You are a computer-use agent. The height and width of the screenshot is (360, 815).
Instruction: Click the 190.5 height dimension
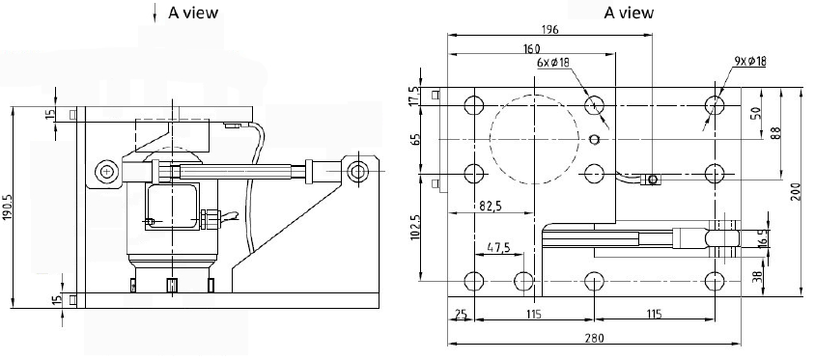pyautogui.click(x=8, y=208)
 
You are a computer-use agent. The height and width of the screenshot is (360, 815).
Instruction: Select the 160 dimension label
pyautogui.click(x=531, y=49)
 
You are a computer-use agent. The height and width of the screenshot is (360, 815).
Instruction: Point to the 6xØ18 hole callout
pyautogui.click(x=553, y=63)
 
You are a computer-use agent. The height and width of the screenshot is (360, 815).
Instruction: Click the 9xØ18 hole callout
pyautogui.click(x=750, y=61)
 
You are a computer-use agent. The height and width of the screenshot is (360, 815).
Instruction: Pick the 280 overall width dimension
pyautogui.click(x=594, y=338)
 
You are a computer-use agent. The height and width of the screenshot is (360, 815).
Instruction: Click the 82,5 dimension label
pyautogui.click(x=490, y=207)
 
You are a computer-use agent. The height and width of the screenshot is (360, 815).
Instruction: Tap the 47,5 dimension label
pyautogui.click(x=498, y=247)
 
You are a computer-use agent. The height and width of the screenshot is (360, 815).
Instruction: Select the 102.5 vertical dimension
pyautogui.click(x=415, y=227)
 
